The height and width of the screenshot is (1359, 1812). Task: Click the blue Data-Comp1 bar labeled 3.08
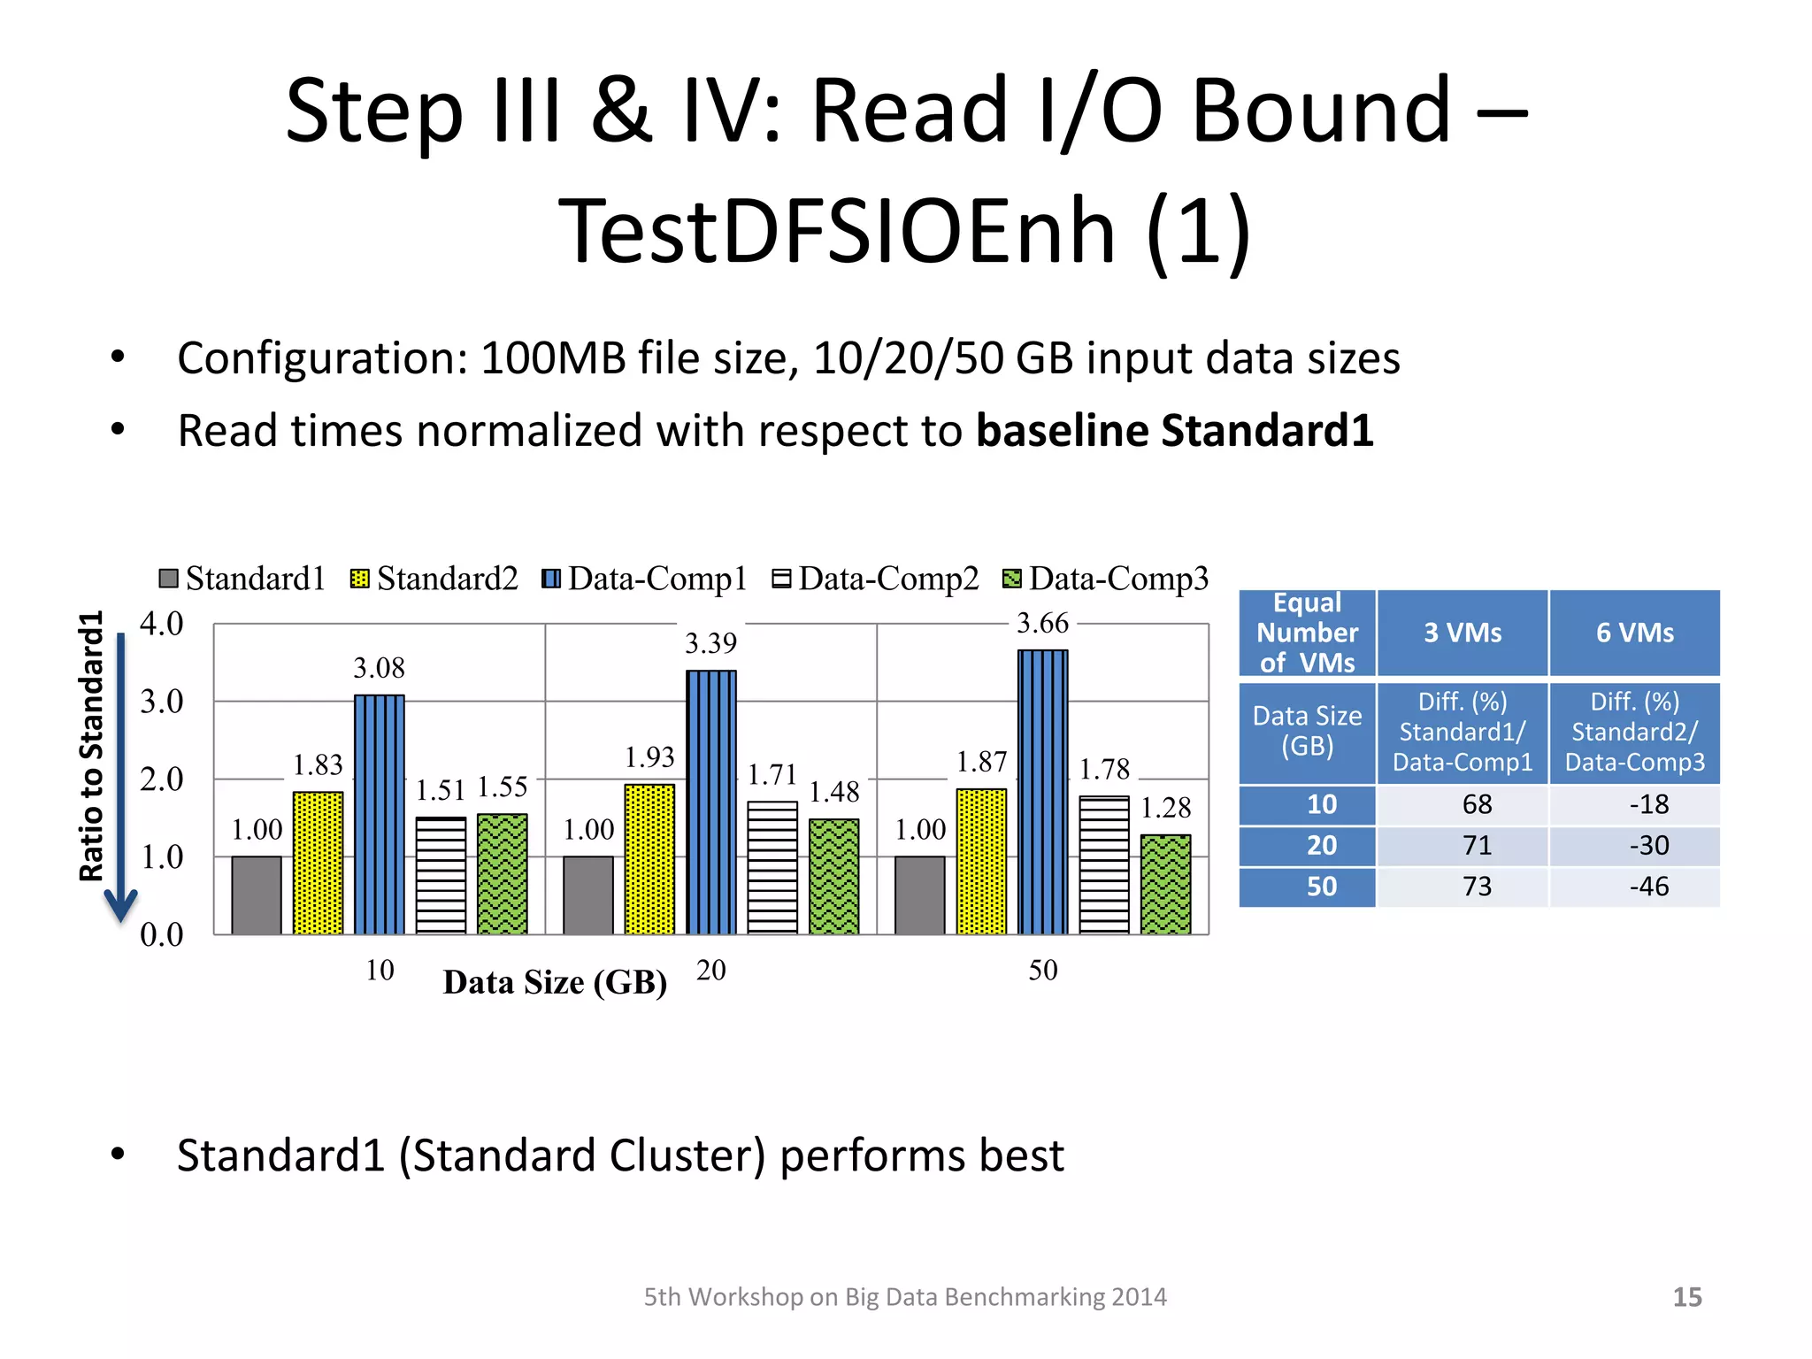379,814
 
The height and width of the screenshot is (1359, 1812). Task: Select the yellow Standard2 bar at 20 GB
649,858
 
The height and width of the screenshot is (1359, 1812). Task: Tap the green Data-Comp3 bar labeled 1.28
1165,884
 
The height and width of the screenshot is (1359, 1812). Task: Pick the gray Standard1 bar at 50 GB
919,894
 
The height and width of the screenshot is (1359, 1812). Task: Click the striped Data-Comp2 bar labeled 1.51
441,875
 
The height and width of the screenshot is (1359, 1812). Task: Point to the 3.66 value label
1042,624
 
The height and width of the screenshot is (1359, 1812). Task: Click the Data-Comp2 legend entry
876,579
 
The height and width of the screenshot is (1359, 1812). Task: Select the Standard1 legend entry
242,579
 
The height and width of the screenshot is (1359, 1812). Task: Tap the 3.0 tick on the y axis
162,702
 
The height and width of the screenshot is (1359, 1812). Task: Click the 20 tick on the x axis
710,971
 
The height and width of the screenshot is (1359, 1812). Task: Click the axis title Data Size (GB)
555,982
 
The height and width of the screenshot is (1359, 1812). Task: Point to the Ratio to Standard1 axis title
91,746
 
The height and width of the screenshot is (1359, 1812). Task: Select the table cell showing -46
1648,887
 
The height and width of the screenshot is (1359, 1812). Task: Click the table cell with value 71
1477,846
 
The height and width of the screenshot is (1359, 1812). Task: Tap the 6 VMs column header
1634,633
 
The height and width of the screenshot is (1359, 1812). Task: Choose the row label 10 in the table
1321,804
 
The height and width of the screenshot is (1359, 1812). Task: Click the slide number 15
1686,1297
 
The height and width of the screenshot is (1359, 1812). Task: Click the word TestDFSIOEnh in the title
837,232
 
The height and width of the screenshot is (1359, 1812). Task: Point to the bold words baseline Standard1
1174,431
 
